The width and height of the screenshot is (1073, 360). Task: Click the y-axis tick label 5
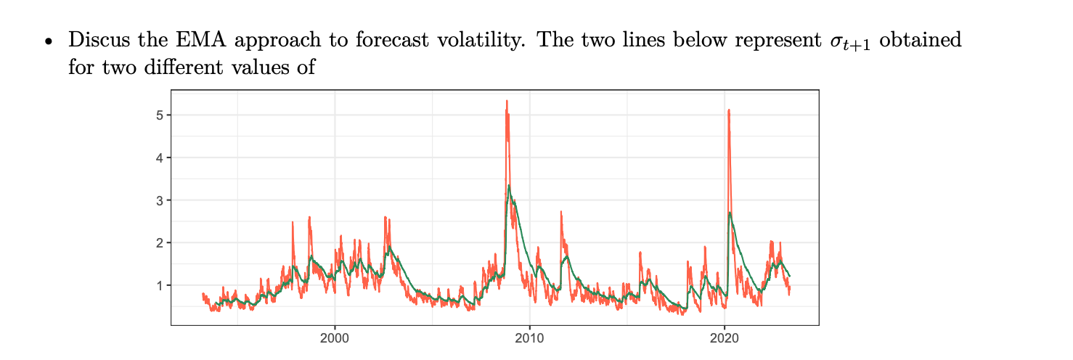point(160,115)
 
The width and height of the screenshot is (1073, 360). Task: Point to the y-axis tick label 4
point(160,157)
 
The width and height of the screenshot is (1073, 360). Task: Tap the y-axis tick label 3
point(160,200)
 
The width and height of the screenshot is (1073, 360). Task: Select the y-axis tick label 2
point(160,242)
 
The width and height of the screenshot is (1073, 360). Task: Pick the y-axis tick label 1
point(160,285)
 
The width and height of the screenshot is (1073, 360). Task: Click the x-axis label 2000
point(335,337)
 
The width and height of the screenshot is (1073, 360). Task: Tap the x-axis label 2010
point(529,337)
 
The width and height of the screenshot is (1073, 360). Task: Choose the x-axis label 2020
point(725,337)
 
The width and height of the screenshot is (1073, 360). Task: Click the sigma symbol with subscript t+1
point(848,42)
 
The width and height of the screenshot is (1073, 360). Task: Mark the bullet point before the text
point(49,42)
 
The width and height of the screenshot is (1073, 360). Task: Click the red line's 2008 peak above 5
point(507,102)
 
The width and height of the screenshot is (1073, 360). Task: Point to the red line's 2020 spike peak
point(728,110)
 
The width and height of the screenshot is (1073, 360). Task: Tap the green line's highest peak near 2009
point(509,186)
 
